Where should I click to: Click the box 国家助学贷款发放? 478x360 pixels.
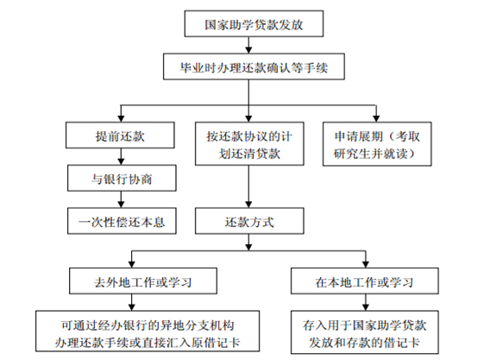(x=254, y=24)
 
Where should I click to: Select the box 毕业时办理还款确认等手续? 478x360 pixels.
(x=254, y=66)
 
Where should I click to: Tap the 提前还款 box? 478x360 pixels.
(x=120, y=136)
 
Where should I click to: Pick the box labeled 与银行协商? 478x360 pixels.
(x=122, y=178)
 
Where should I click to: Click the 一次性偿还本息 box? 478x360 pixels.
(x=122, y=221)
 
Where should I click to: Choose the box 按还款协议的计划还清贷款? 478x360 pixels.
(x=249, y=143)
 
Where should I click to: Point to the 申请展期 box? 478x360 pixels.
(x=377, y=144)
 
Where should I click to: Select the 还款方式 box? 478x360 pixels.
(x=249, y=221)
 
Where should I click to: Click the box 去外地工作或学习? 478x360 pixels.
(x=143, y=281)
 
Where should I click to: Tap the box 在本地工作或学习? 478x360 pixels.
(x=365, y=281)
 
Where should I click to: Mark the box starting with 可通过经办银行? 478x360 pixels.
(x=148, y=331)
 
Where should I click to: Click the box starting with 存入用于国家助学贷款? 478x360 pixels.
(x=365, y=332)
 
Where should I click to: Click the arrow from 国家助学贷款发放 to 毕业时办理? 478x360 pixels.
(x=248, y=45)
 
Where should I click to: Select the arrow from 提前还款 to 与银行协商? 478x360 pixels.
(x=121, y=157)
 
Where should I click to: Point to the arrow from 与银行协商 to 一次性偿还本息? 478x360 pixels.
(x=121, y=199)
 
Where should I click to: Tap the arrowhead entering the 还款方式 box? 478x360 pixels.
(x=248, y=205)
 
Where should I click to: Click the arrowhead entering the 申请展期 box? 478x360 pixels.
(x=376, y=118)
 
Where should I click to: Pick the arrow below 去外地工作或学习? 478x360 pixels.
(x=132, y=302)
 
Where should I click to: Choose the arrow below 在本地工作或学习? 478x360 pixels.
(x=366, y=302)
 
